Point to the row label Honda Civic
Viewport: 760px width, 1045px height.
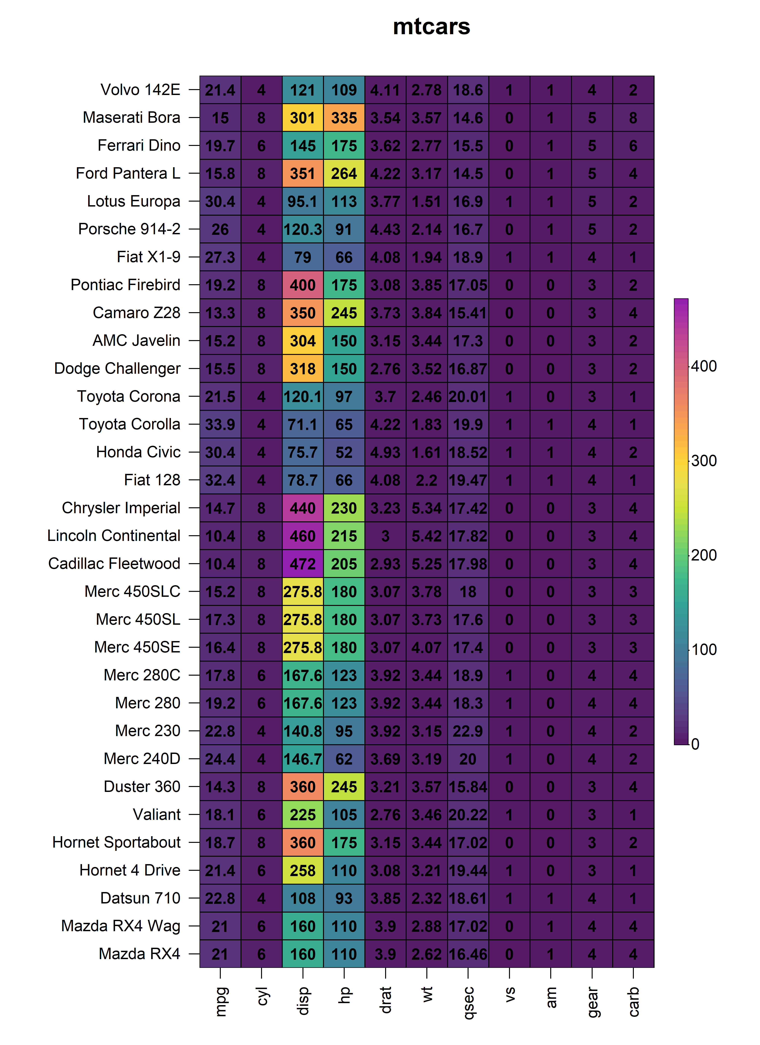pos(138,452)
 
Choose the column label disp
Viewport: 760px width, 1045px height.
pos(303,1001)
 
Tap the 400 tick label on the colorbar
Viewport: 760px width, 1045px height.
pos(704,366)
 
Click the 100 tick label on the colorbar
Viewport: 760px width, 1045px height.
pos(704,650)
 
